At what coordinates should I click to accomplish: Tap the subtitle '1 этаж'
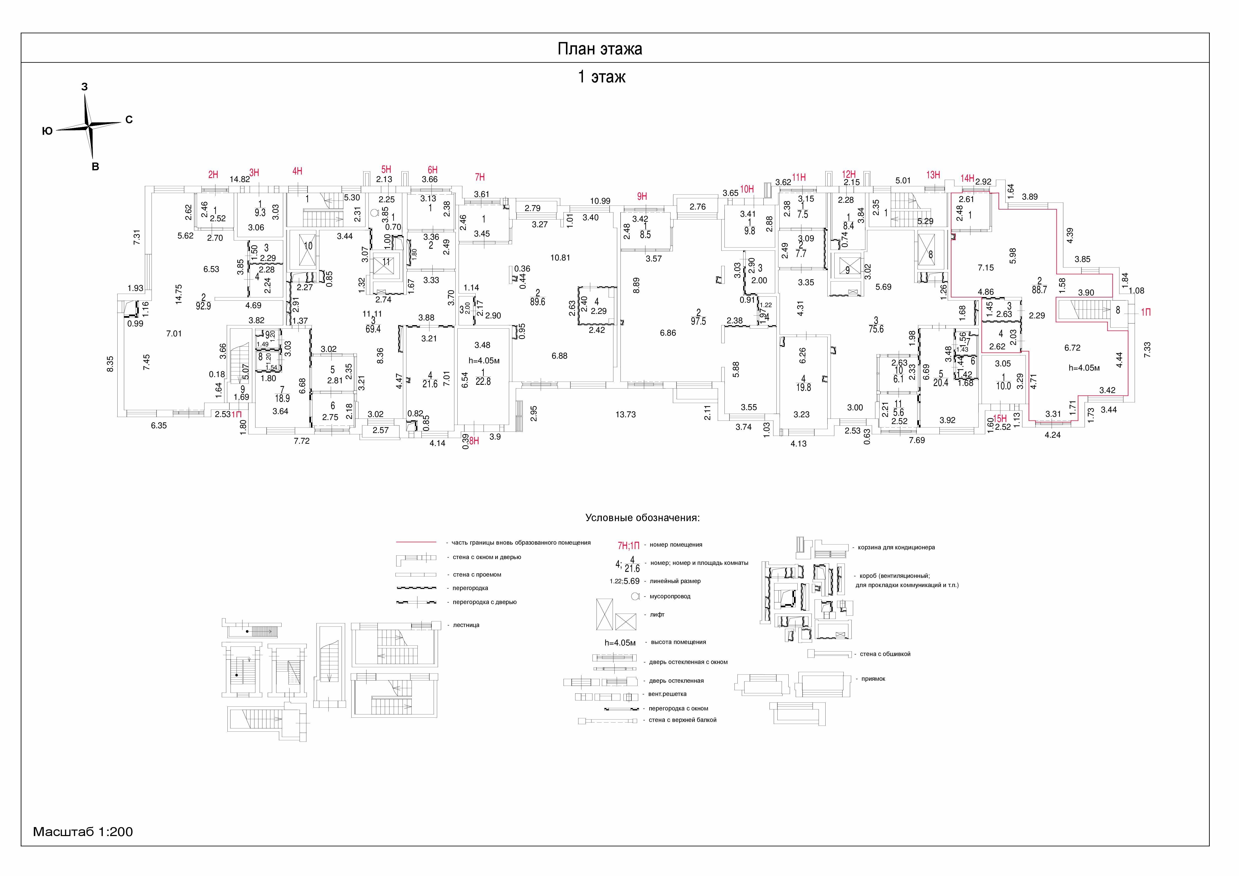(x=602, y=77)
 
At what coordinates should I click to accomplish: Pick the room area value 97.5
(x=698, y=321)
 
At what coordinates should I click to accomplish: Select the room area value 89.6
(x=537, y=302)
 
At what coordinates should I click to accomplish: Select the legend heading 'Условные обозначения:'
(x=642, y=518)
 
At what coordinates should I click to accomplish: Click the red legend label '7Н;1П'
(x=629, y=545)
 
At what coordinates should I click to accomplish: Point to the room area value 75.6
(x=876, y=329)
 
